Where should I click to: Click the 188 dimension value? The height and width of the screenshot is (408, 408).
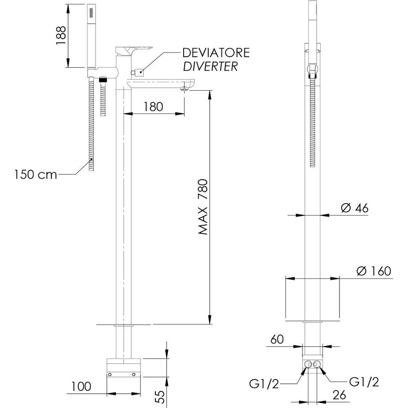pos(62,35)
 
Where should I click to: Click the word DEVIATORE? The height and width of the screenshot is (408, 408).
pos(216,53)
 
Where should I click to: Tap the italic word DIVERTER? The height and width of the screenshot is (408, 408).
pos(211,67)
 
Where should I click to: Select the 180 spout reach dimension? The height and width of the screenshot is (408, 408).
pos(153,106)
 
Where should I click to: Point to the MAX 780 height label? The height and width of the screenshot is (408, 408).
pos(203,207)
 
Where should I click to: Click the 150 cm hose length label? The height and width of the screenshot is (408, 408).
pos(35,174)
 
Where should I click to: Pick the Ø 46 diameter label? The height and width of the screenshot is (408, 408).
pos(355,208)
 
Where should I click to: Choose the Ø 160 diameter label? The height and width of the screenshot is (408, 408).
pos(374,271)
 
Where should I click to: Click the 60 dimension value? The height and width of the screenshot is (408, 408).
pos(277,339)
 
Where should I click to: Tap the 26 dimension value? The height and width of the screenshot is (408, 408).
pos(339,395)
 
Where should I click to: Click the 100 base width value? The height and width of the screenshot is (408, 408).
pos(81,386)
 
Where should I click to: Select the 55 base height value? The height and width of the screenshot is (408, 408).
pos(161,397)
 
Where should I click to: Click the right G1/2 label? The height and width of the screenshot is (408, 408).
pos(364,382)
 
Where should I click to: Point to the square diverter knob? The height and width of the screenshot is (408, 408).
pos(139,72)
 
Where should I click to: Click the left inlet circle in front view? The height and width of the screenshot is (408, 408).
pos(308,364)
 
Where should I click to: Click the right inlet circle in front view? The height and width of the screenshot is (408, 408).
pos(317,364)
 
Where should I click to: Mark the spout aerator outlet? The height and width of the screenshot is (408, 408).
pos(184,89)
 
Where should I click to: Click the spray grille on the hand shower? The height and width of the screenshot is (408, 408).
pos(91,13)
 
